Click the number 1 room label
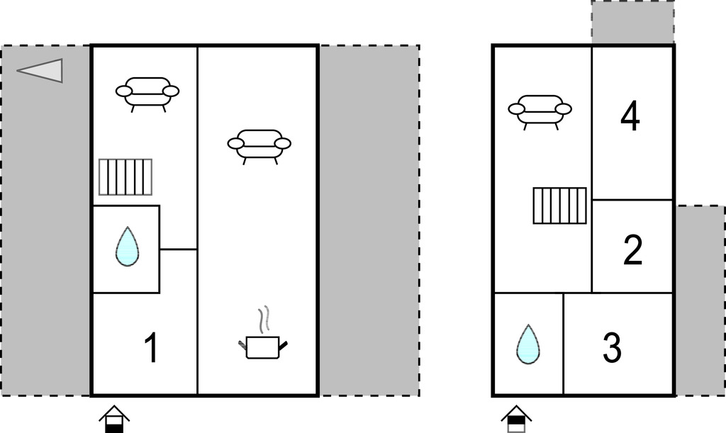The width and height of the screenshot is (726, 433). (x=150, y=349)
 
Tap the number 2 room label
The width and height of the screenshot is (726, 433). (x=632, y=250)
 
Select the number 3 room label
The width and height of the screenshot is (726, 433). (x=612, y=347)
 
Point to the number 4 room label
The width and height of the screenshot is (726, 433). (x=630, y=117)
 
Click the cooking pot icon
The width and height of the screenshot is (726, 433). (x=262, y=347)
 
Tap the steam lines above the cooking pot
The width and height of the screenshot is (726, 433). (x=264, y=320)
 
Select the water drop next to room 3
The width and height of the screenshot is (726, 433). (x=527, y=344)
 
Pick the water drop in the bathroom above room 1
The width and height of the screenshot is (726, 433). (x=127, y=247)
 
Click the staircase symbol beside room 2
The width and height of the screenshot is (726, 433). (x=559, y=206)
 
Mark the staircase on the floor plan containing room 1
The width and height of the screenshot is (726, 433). (x=125, y=176)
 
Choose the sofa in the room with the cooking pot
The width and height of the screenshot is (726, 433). (x=259, y=144)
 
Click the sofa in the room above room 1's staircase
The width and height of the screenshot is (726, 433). (x=147, y=92)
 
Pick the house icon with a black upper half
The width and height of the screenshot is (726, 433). (x=516, y=419)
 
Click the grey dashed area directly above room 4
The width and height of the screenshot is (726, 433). (x=632, y=23)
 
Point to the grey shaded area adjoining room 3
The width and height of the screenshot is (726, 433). (x=700, y=298)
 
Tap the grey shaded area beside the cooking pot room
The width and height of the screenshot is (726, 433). (x=369, y=220)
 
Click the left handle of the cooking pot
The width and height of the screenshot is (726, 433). (x=242, y=344)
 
